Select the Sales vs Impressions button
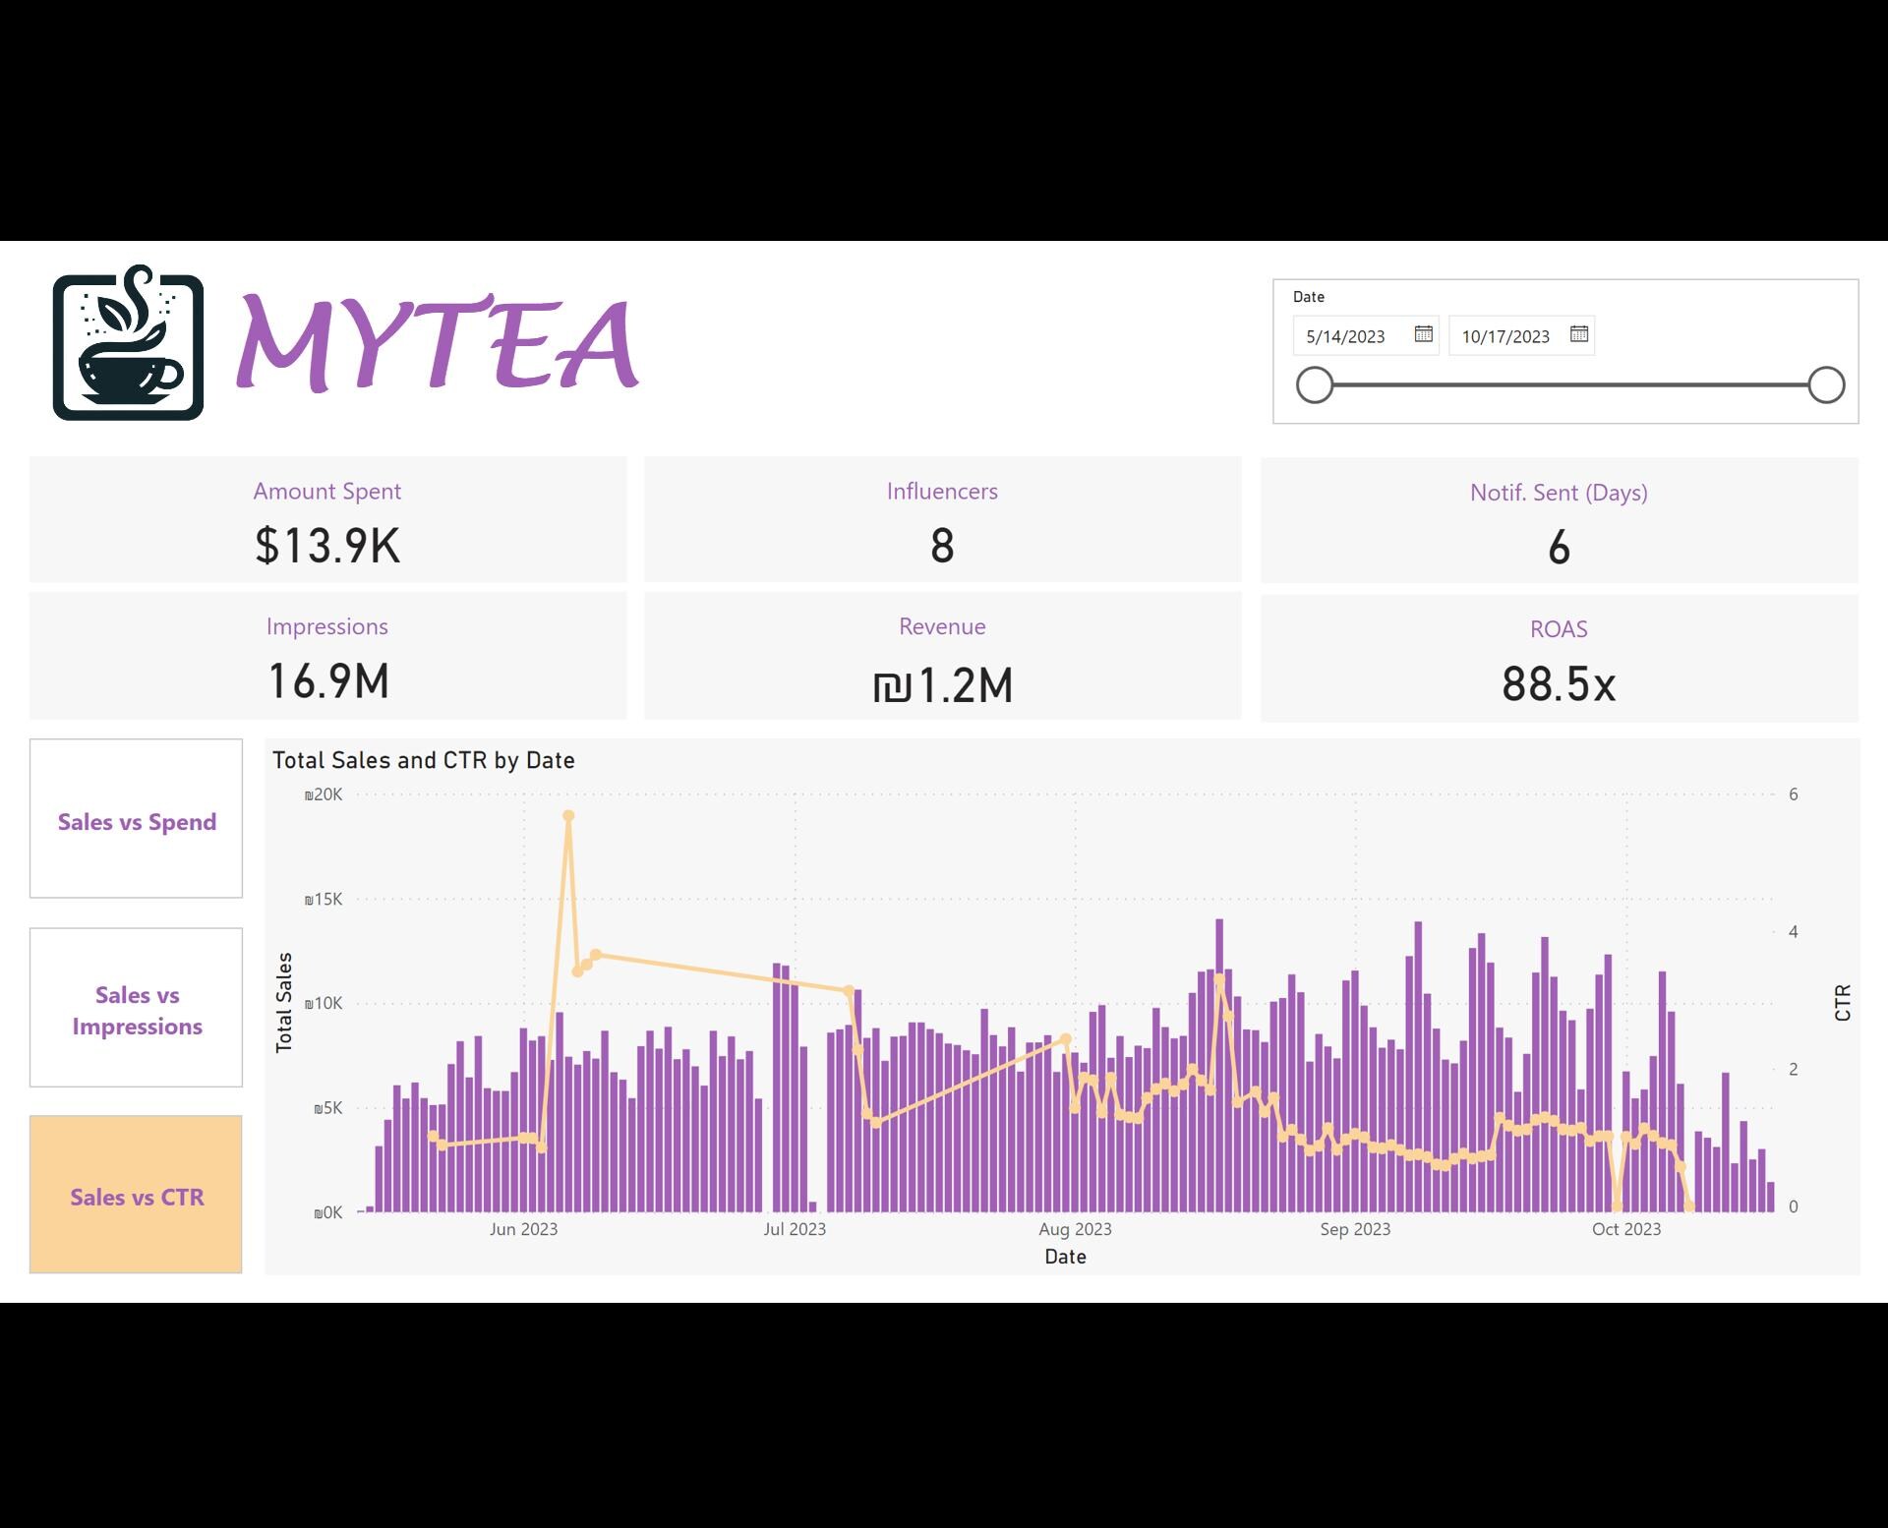(x=136, y=1009)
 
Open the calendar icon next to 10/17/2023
(x=1578, y=334)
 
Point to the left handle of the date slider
(x=1314, y=385)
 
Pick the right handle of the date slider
(x=1826, y=385)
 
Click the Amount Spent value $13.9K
(x=327, y=546)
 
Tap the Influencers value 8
(x=942, y=547)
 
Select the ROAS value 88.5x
(x=1559, y=684)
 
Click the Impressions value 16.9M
(x=327, y=681)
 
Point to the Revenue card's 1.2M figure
(x=942, y=685)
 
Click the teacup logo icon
(x=128, y=342)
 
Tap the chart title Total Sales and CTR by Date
(x=423, y=760)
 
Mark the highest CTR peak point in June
(x=568, y=816)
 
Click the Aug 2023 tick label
(x=1075, y=1229)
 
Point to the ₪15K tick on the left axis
(x=324, y=899)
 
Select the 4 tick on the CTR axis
(x=1793, y=931)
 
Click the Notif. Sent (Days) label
(x=1559, y=493)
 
